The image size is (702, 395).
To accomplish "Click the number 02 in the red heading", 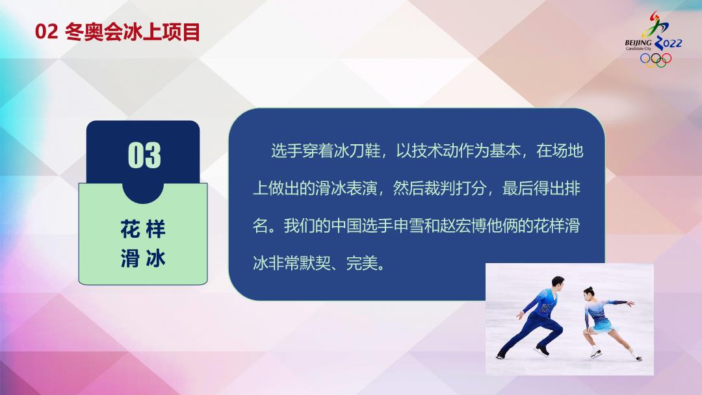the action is click(47, 32).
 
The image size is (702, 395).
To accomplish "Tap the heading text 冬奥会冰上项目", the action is click(133, 32).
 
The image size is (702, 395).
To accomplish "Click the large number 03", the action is click(144, 155).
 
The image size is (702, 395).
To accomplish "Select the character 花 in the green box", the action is click(130, 229).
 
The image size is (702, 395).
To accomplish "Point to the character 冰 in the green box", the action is click(155, 259).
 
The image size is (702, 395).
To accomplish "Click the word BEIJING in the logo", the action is click(638, 43).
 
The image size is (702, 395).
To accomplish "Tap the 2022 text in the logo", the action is click(668, 43).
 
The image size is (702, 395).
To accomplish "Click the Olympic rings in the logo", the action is click(656, 60).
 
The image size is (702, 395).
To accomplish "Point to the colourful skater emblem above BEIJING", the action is click(655, 24).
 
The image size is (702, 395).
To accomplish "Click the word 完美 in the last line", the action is click(362, 264).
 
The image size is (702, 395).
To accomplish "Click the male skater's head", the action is click(558, 283).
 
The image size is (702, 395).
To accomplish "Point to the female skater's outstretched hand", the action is click(630, 304).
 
